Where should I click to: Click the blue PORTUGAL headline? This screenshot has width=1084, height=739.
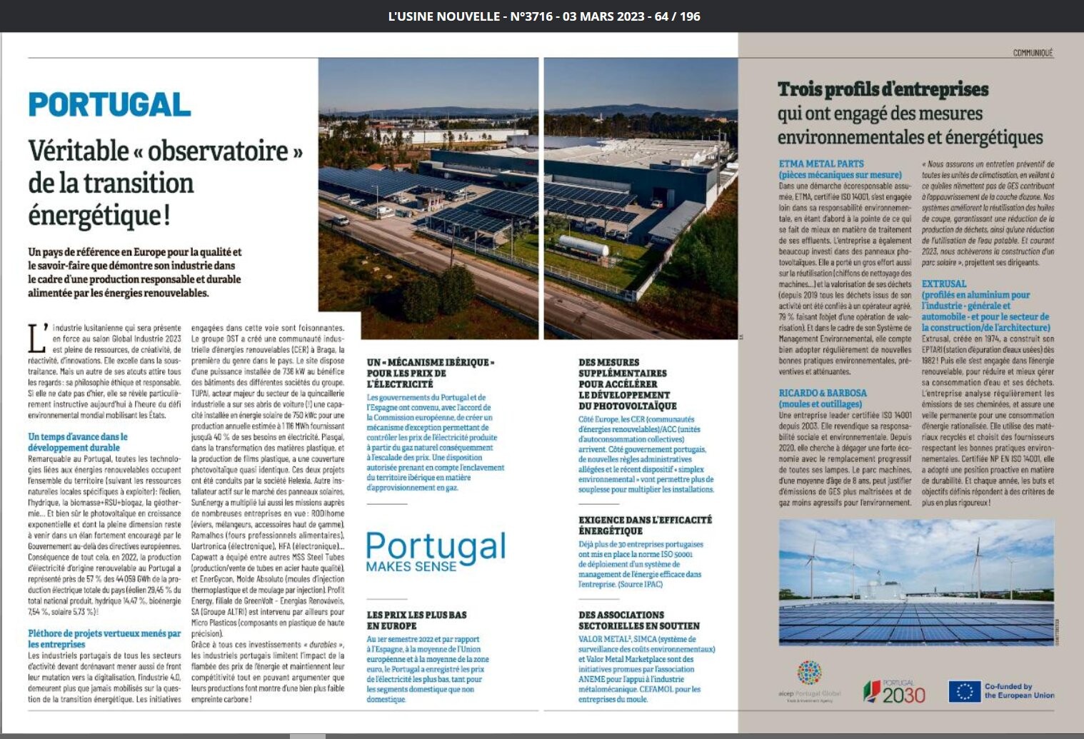tap(109, 104)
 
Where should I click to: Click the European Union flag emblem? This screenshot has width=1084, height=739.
tap(964, 691)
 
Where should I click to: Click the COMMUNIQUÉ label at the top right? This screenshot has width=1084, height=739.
tap(1033, 53)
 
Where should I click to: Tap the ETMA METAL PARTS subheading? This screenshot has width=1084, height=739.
tap(821, 164)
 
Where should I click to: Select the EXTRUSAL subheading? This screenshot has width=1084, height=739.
tap(943, 283)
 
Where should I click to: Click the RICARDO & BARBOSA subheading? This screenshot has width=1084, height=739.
tap(823, 393)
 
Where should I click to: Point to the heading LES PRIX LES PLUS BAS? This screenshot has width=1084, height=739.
tap(416, 615)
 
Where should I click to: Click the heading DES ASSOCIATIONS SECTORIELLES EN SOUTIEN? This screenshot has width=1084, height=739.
tap(638, 620)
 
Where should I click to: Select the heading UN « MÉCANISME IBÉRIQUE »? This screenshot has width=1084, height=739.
tap(430, 363)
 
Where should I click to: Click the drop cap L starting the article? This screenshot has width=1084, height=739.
tap(37, 338)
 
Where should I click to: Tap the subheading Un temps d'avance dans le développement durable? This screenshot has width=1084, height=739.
tap(78, 442)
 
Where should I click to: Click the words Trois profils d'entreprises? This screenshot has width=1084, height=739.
tap(883, 89)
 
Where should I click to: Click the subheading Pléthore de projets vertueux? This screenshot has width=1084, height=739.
tap(104, 638)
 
